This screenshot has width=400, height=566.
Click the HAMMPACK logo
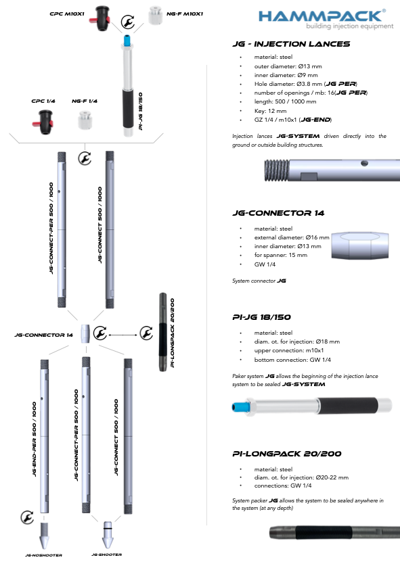326,19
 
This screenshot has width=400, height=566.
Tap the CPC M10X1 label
67,14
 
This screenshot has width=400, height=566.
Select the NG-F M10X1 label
185,14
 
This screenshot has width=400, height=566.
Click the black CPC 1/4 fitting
43,122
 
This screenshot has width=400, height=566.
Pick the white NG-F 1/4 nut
85,120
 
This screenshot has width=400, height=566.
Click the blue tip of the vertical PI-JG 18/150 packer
127,40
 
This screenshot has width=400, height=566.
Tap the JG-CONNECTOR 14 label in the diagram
44,335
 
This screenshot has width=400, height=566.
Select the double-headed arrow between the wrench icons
123,335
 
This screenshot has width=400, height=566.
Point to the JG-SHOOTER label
106,555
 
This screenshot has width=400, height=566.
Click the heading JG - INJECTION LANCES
291,44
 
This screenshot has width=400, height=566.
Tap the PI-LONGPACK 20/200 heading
286,454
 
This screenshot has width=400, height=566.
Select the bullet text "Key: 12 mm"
270,111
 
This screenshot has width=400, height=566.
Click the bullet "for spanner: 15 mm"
281,255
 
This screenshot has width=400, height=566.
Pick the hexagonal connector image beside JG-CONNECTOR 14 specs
360,245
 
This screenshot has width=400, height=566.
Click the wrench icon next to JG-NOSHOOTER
27,517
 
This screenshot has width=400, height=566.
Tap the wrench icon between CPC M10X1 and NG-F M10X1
127,22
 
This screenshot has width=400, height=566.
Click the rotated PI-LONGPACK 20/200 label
172,333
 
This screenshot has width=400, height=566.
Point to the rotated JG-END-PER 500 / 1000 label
35,439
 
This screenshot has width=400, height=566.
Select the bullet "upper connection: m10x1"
289,350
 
